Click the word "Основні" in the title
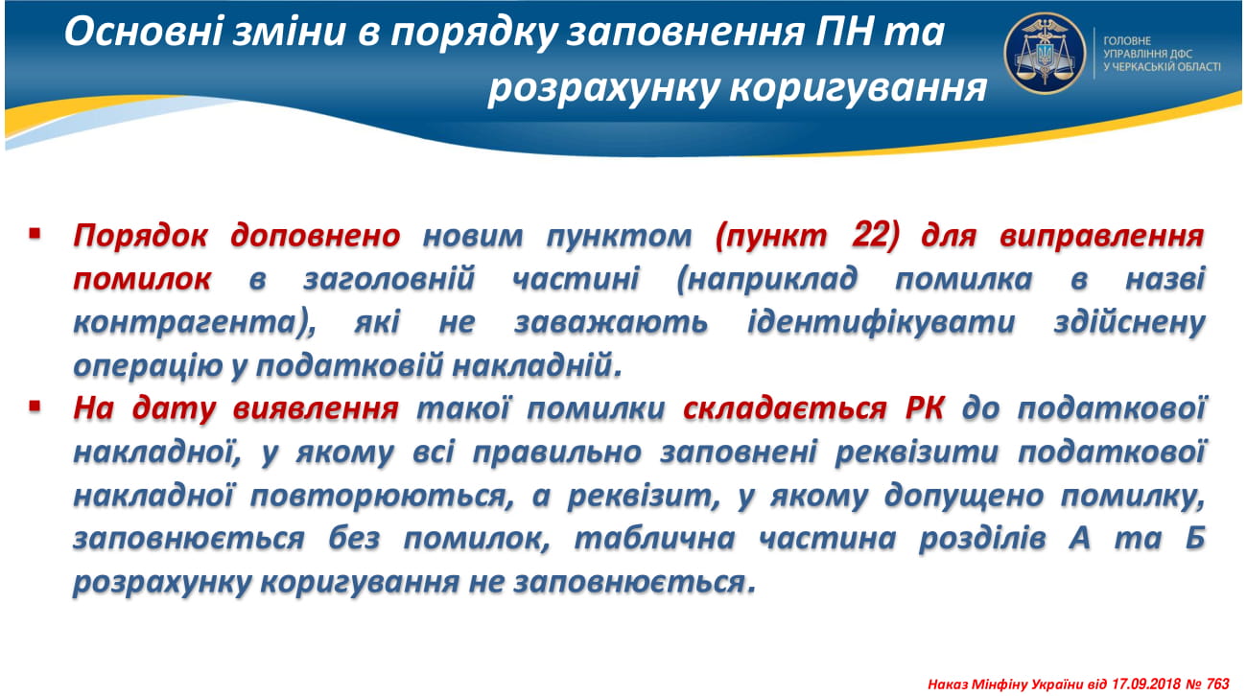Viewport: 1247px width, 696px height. click(x=144, y=32)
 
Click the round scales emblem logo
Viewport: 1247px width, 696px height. click(x=1045, y=53)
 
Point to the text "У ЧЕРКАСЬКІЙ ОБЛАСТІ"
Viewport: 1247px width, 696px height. click(x=1162, y=67)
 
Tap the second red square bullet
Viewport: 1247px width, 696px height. click(x=35, y=406)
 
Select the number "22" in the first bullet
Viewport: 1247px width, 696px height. click(x=868, y=235)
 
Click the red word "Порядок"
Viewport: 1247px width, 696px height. click(x=140, y=236)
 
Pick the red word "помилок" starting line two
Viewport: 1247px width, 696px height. click(x=142, y=279)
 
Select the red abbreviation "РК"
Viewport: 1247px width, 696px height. click(x=925, y=408)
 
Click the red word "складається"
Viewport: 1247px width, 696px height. click(x=785, y=408)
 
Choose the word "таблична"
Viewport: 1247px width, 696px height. click(x=654, y=539)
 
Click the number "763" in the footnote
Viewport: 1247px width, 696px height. click(x=1218, y=684)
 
